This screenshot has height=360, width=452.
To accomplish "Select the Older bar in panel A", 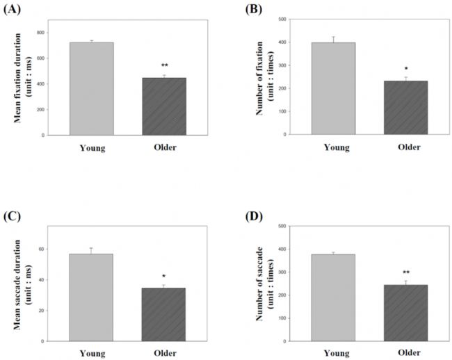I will click(x=164, y=106).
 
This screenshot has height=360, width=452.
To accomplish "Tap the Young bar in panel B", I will click(x=333, y=88).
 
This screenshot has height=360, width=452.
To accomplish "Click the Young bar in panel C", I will click(x=91, y=297).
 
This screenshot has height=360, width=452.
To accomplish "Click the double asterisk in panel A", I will click(x=164, y=66).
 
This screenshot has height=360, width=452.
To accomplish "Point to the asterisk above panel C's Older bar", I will click(x=164, y=277).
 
